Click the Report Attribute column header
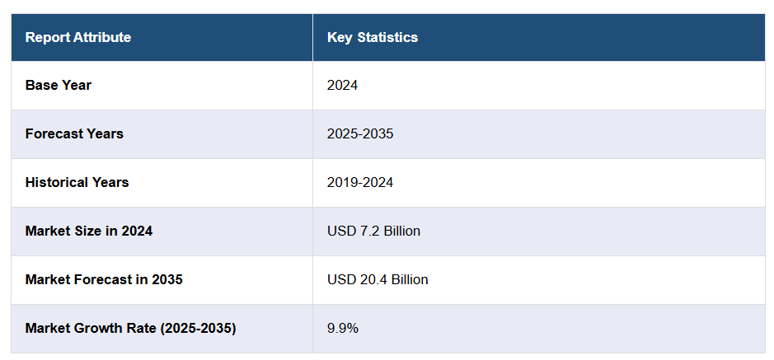point(78,37)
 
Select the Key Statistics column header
point(373,37)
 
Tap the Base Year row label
point(59,85)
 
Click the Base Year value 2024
point(342,85)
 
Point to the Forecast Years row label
point(74,133)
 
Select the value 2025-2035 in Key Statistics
point(360,133)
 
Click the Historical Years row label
point(77,182)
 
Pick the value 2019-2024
point(360,182)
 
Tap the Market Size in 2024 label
point(89,231)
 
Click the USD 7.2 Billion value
point(373,231)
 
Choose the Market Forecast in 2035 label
point(104,279)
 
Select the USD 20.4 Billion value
point(378,279)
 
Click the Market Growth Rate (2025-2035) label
point(130,328)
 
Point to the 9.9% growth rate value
point(343,328)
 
